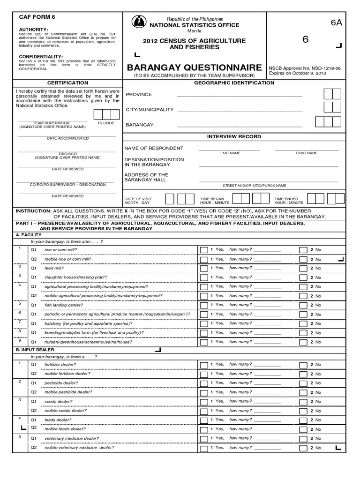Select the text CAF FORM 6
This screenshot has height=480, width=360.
(x=37, y=17)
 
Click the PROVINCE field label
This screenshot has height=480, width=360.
(x=139, y=94)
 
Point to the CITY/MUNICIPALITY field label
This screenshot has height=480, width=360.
(x=150, y=110)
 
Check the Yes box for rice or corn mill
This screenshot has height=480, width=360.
(x=203, y=250)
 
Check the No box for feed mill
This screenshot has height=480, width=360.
(x=303, y=268)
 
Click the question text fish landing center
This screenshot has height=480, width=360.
(x=63, y=305)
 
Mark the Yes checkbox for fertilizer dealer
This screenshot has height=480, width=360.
(x=203, y=364)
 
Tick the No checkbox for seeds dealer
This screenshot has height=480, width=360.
(x=303, y=401)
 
